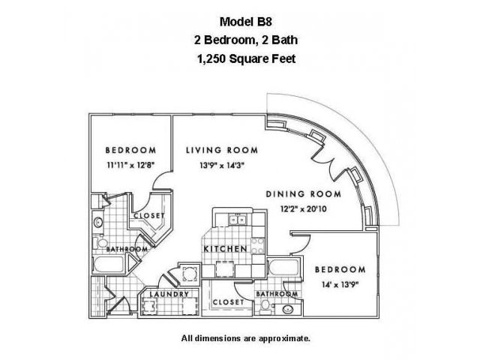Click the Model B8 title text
(x=246, y=22)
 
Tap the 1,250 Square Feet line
(x=247, y=58)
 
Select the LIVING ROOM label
(x=222, y=150)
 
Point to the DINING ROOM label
(x=303, y=194)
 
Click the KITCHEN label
(x=225, y=249)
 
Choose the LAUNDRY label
(x=169, y=295)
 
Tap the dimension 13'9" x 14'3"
(x=222, y=166)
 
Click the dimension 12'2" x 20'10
(x=303, y=209)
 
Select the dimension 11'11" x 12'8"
(x=130, y=165)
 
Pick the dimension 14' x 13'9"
(x=340, y=285)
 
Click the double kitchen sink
(x=237, y=220)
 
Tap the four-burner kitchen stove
(x=257, y=246)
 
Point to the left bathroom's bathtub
(x=109, y=265)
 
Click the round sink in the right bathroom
(x=288, y=309)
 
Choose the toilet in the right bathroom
(x=265, y=307)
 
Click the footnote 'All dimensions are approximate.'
(x=246, y=338)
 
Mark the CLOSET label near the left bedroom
(x=149, y=216)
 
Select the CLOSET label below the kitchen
(x=228, y=302)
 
